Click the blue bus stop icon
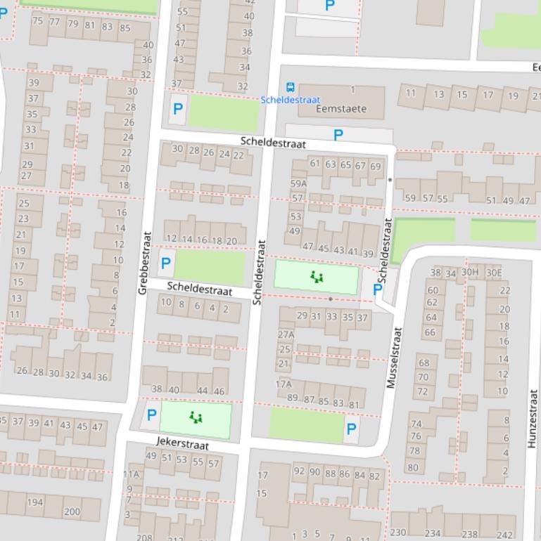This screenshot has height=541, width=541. pyautogui.click(x=290, y=88)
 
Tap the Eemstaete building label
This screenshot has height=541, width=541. pyautogui.click(x=341, y=109)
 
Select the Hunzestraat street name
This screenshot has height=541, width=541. pyautogui.click(x=532, y=419)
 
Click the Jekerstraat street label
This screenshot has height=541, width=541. pyautogui.click(x=182, y=445)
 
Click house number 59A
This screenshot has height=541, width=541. pyautogui.click(x=299, y=183)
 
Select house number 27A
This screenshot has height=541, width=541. pyautogui.click(x=286, y=334)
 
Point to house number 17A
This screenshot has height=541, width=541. pyautogui.click(x=284, y=384)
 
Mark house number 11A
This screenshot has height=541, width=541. pyautogui.click(x=131, y=474)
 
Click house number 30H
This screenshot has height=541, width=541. pyautogui.click(x=470, y=273)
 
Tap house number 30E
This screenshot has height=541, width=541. pyautogui.click(x=493, y=273)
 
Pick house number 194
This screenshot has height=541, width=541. pyautogui.click(x=34, y=502)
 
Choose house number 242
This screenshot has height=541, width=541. pyautogui.click(x=504, y=534)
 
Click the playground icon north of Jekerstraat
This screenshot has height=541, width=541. pyautogui.click(x=196, y=418)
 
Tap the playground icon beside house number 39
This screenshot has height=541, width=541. pyautogui.click(x=317, y=278)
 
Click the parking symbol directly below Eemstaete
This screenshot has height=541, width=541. pyautogui.click(x=338, y=135)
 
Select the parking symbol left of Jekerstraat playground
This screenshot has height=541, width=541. pyautogui.click(x=151, y=415)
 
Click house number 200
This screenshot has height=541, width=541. pyautogui.click(x=72, y=511)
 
